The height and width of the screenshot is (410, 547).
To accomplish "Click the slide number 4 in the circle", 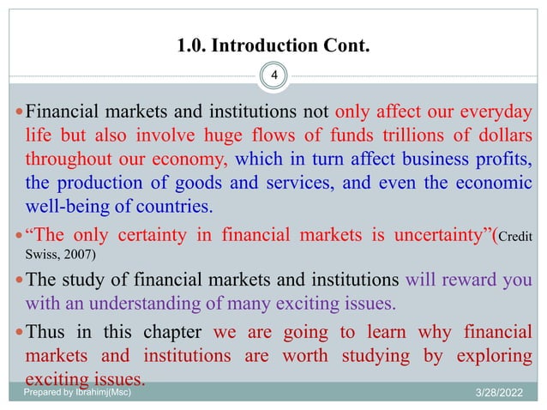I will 273,76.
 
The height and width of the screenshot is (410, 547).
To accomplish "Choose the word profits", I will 498,160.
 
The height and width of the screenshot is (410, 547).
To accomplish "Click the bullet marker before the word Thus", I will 19,332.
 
